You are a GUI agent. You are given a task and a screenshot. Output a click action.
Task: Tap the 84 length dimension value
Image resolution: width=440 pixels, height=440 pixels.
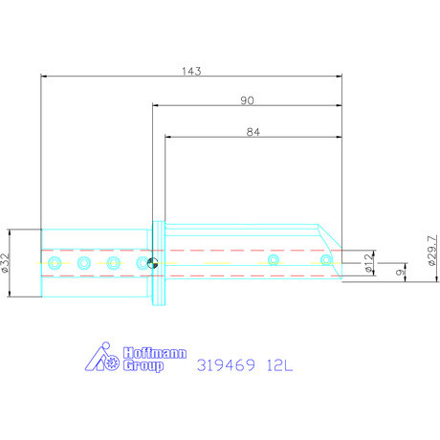252,133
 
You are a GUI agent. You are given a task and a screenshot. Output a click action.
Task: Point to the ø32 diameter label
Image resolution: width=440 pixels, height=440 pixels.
8,262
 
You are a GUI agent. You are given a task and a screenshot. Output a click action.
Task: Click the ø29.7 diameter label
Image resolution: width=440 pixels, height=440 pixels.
432,253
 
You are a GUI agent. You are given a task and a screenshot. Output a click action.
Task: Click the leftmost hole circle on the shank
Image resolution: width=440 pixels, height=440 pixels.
55,262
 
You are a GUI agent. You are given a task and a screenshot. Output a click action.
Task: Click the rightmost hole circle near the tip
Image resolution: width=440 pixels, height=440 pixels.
328,259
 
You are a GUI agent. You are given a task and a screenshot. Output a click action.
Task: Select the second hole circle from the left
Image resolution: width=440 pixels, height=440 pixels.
84,262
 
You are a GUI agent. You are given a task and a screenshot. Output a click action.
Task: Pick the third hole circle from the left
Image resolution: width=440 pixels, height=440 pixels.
114,262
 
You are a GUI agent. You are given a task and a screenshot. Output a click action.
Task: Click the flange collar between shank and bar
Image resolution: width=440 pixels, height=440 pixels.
158,263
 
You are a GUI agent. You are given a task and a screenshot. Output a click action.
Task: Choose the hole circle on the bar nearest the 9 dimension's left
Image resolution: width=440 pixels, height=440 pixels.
274,259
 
